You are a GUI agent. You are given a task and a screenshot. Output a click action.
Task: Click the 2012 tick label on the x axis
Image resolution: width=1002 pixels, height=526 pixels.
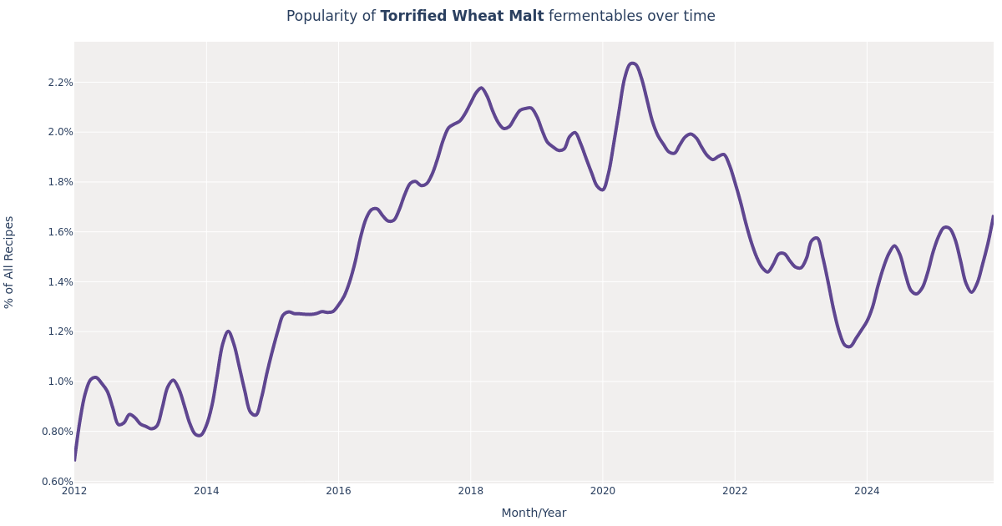(74, 491)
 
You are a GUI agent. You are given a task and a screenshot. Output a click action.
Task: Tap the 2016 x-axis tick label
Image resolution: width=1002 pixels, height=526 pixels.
(338, 491)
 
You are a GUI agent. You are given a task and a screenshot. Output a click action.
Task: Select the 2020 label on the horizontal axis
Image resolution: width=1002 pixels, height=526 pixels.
(602, 491)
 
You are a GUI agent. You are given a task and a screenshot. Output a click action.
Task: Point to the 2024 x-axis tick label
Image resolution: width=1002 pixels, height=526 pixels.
(867, 491)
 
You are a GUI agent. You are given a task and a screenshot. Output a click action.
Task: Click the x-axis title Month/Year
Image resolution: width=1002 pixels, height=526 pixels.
(534, 513)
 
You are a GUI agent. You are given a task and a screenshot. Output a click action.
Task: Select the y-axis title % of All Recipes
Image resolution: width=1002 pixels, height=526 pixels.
(10, 262)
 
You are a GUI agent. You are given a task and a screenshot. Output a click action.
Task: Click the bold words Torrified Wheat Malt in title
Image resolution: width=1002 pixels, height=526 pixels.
(462, 17)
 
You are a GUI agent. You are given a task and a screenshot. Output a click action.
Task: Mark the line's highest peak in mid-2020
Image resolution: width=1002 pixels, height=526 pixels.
(632, 63)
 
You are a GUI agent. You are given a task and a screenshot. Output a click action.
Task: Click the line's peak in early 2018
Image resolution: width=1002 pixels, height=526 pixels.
(480, 88)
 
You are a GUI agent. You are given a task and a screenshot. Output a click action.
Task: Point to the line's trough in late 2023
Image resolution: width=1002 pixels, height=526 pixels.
(848, 346)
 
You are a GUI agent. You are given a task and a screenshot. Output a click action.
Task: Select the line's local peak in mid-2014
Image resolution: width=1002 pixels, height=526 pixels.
(228, 331)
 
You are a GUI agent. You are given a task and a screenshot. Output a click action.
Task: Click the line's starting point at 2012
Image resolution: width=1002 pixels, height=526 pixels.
(74, 460)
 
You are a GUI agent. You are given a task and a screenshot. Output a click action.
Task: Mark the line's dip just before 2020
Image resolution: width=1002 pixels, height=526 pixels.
(602, 190)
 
